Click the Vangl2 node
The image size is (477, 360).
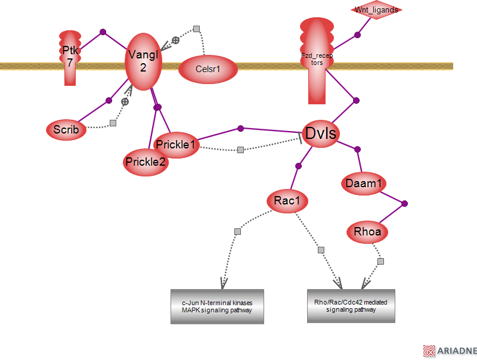click(143, 61)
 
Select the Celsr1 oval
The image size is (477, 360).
click(208, 69)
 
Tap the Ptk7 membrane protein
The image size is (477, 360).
click(70, 57)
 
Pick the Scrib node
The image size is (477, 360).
click(66, 129)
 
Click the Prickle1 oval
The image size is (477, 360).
click(176, 144)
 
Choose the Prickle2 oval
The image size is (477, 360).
click(146, 162)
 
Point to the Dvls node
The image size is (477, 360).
click(320, 134)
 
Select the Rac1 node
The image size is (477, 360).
click(287, 201)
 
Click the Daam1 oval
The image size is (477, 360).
click(363, 184)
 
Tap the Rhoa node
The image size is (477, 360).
click(367, 232)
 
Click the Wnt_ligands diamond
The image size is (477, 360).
click(376, 10)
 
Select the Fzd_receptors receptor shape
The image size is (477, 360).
click(317, 59)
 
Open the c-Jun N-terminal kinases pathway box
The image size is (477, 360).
click(217, 306)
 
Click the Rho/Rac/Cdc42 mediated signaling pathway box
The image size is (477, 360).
click(351, 306)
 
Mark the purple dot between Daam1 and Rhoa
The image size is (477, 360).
click(405, 204)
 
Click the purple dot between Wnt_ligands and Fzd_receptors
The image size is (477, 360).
click(358, 35)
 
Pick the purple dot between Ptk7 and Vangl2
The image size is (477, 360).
click(103, 32)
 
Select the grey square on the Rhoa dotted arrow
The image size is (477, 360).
click(380, 261)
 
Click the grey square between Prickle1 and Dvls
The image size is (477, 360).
click(240, 150)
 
